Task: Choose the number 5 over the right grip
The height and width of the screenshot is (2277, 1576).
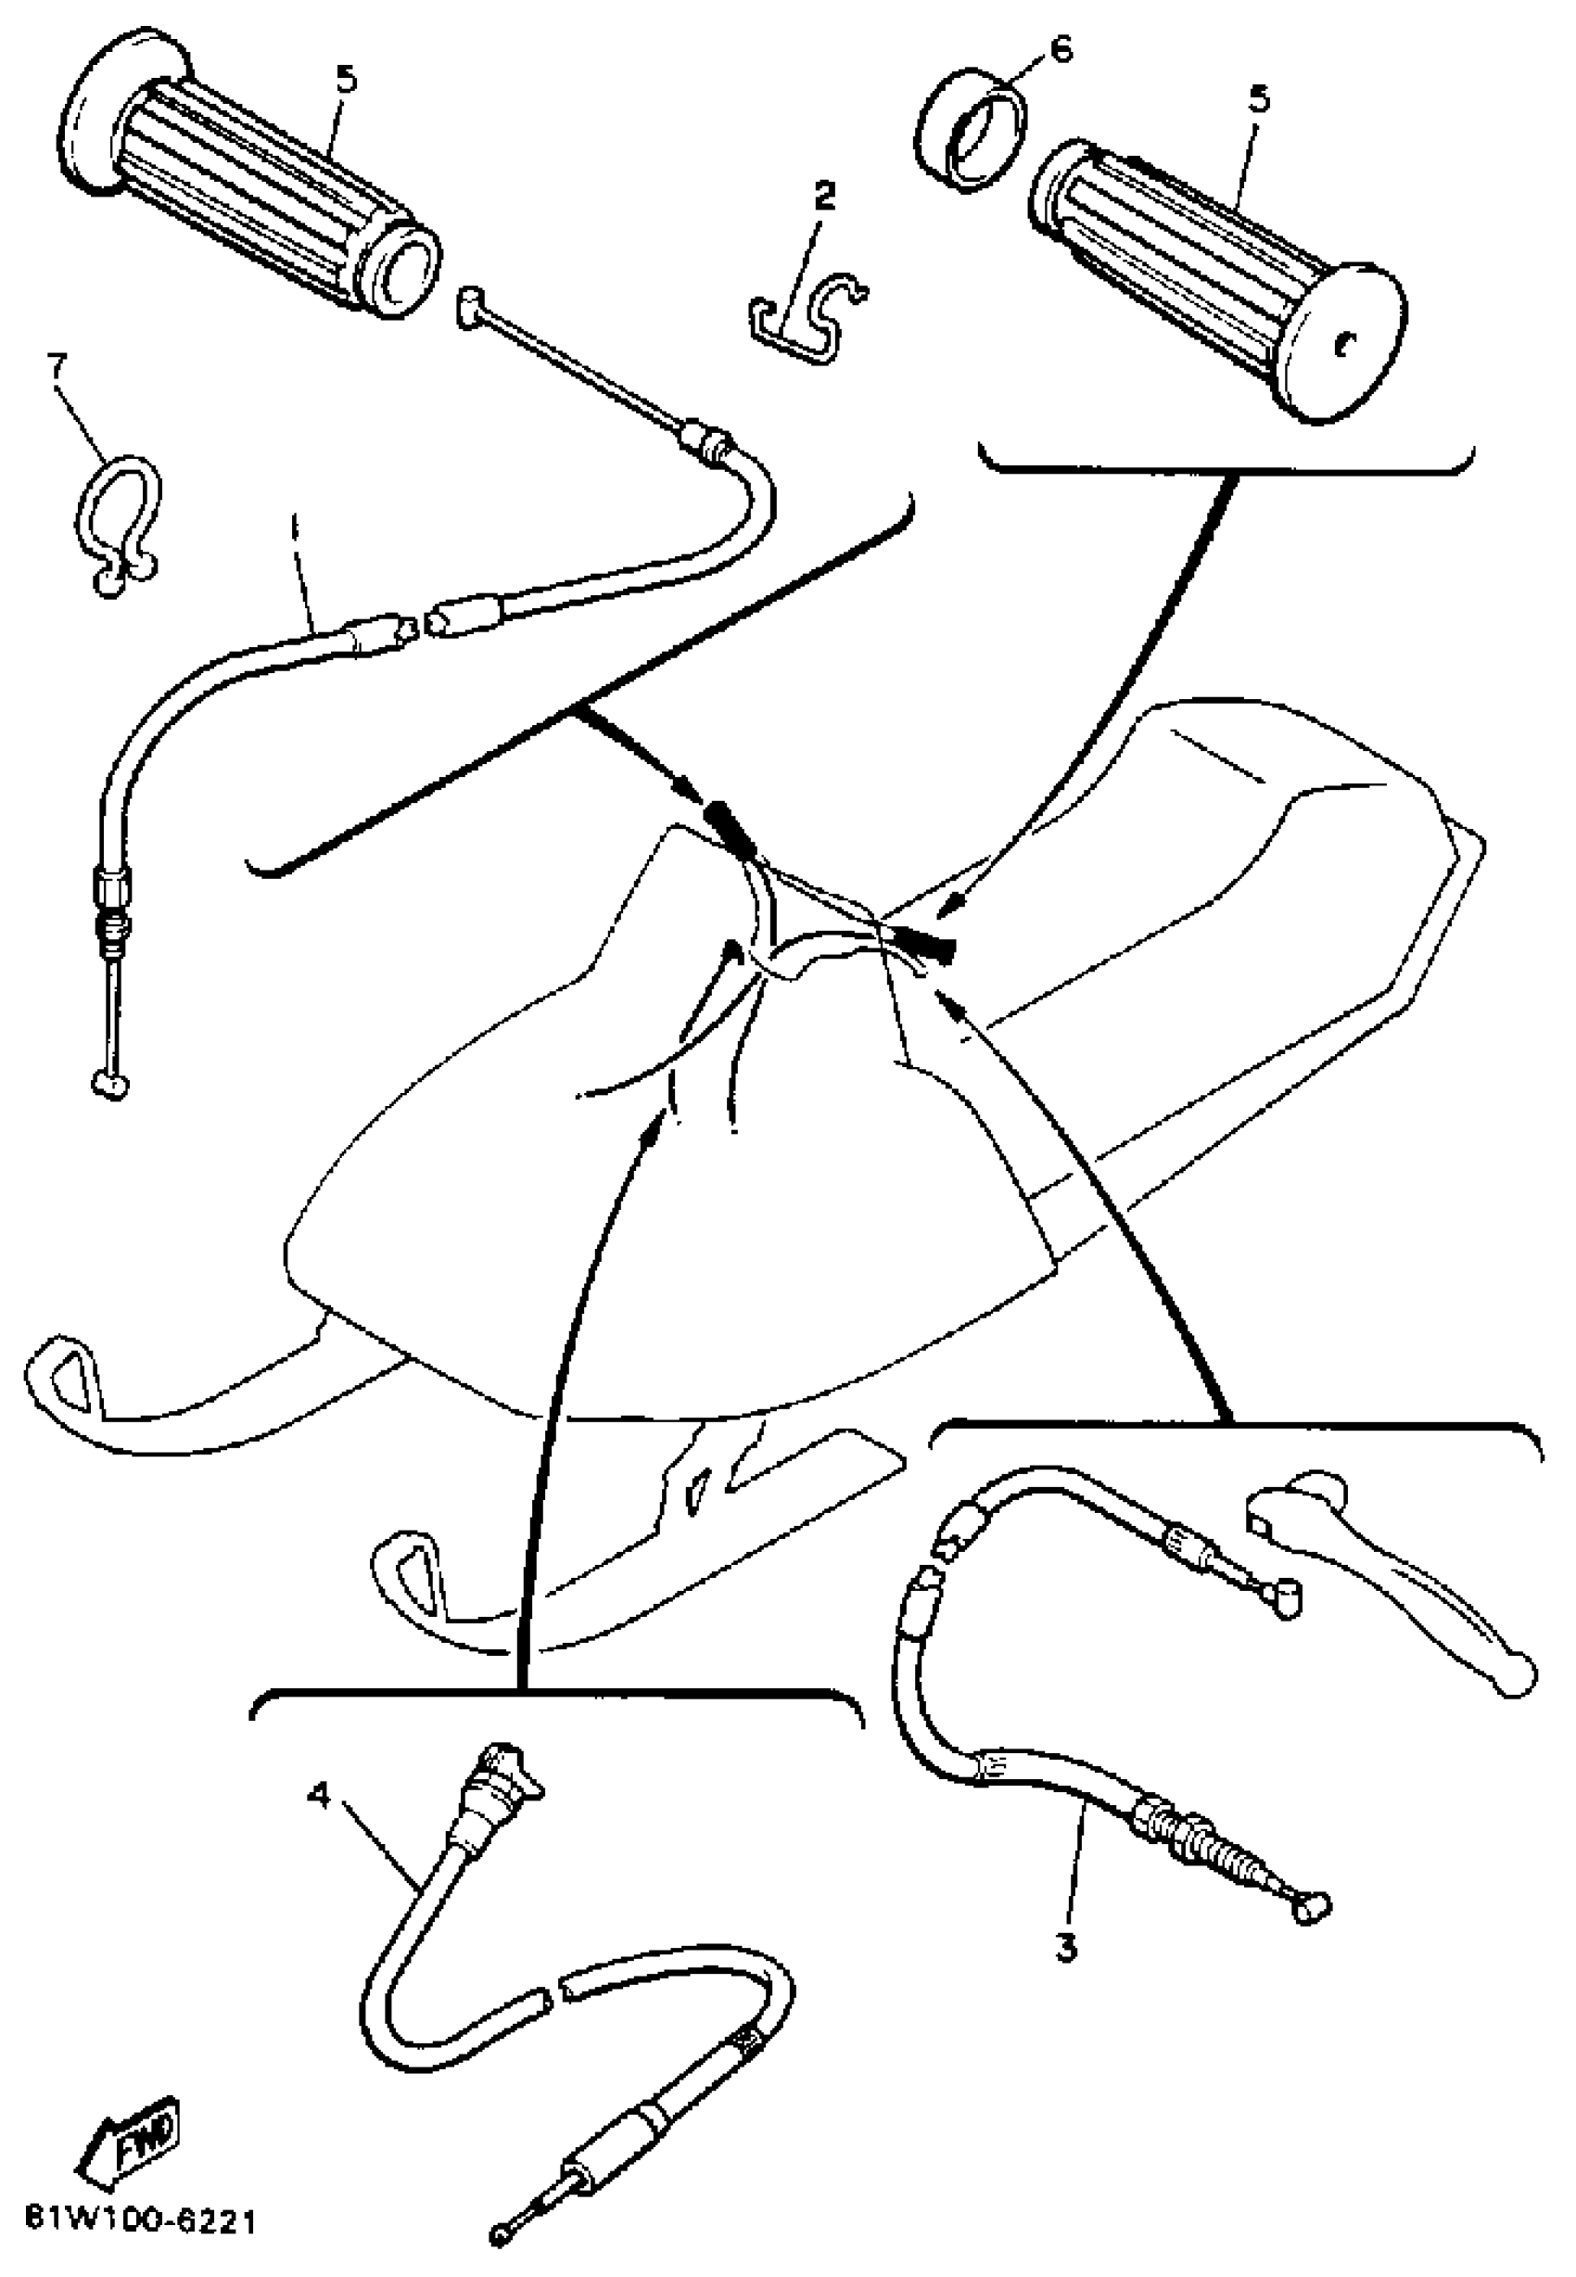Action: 1259,100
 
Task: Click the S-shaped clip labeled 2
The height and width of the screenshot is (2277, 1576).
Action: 807,317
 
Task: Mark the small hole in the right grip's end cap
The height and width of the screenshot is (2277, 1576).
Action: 1342,343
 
